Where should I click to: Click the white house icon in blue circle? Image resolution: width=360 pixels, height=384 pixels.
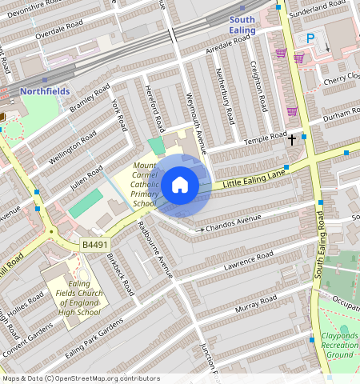(x=180, y=185)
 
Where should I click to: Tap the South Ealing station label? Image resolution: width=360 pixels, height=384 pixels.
(x=242, y=25)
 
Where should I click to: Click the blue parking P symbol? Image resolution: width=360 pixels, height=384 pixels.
(x=310, y=38)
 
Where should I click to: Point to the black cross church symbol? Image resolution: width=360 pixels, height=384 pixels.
(x=292, y=139)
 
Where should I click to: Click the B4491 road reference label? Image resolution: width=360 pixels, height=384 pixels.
(x=95, y=245)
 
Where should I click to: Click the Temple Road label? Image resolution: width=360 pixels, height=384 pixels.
(x=266, y=140)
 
